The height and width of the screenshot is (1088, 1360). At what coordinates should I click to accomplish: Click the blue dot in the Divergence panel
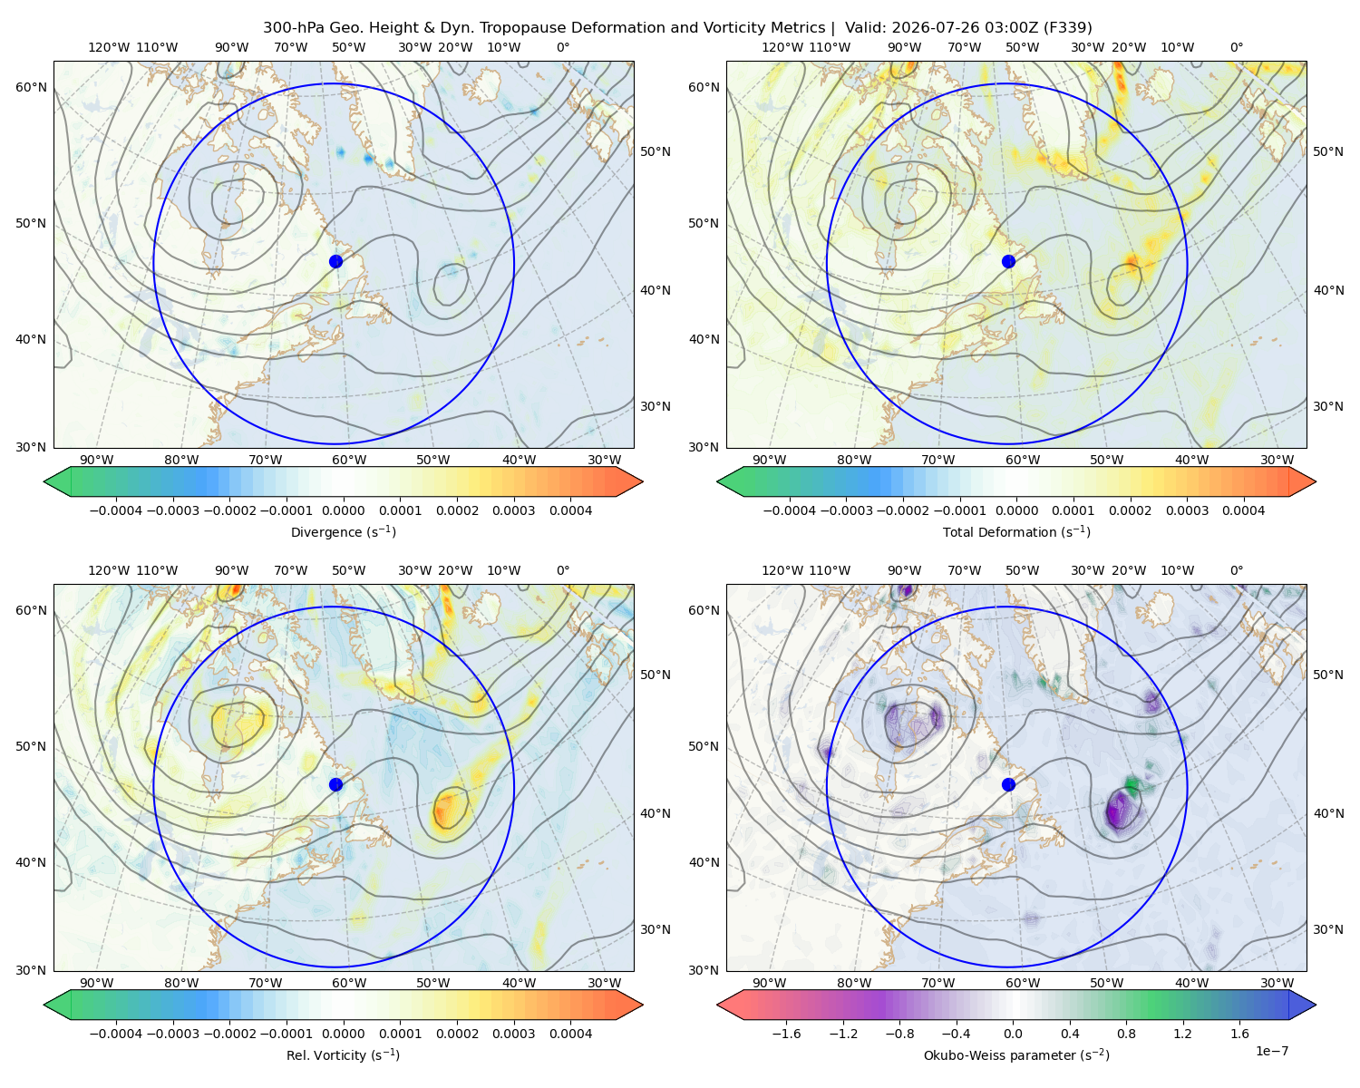point(335,261)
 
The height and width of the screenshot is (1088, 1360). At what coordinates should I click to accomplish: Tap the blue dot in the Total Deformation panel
point(1008,261)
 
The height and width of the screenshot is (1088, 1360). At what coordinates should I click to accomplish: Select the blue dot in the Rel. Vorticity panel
point(335,784)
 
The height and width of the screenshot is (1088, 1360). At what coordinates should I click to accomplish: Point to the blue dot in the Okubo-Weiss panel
point(1008,784)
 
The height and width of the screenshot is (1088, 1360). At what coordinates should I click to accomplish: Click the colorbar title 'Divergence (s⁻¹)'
point(343,531)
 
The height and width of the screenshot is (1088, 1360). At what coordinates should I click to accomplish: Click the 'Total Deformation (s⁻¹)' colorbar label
point(1016,531)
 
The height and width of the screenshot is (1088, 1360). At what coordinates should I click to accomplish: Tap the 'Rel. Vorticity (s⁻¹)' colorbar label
point(343,1054)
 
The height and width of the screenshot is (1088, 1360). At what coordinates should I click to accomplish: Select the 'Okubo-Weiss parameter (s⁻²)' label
point(1016,1054)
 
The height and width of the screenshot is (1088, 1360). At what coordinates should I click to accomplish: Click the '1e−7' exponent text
point(1271,1051)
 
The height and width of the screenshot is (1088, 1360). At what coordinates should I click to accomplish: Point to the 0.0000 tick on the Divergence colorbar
point(343,510)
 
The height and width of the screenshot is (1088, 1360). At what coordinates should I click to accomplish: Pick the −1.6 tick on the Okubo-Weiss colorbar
point(786,1034)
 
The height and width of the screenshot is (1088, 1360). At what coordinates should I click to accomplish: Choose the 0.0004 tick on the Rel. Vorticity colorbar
point(570,1034)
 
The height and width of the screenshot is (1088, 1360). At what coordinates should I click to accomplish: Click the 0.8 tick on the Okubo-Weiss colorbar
point(1126,1034)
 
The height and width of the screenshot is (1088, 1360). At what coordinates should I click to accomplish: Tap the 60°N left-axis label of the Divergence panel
point(31,87)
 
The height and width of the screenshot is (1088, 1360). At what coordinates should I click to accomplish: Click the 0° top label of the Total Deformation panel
point(1236,47)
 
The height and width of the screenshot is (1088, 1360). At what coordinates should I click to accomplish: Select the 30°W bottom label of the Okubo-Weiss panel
point(1277,983)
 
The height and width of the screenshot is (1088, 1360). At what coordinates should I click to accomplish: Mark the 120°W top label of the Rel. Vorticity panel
point(109,570)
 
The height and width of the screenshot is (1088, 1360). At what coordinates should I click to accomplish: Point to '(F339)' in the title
point(1067,28)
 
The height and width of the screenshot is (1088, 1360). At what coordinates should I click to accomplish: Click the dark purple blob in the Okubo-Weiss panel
point(1120,811)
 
